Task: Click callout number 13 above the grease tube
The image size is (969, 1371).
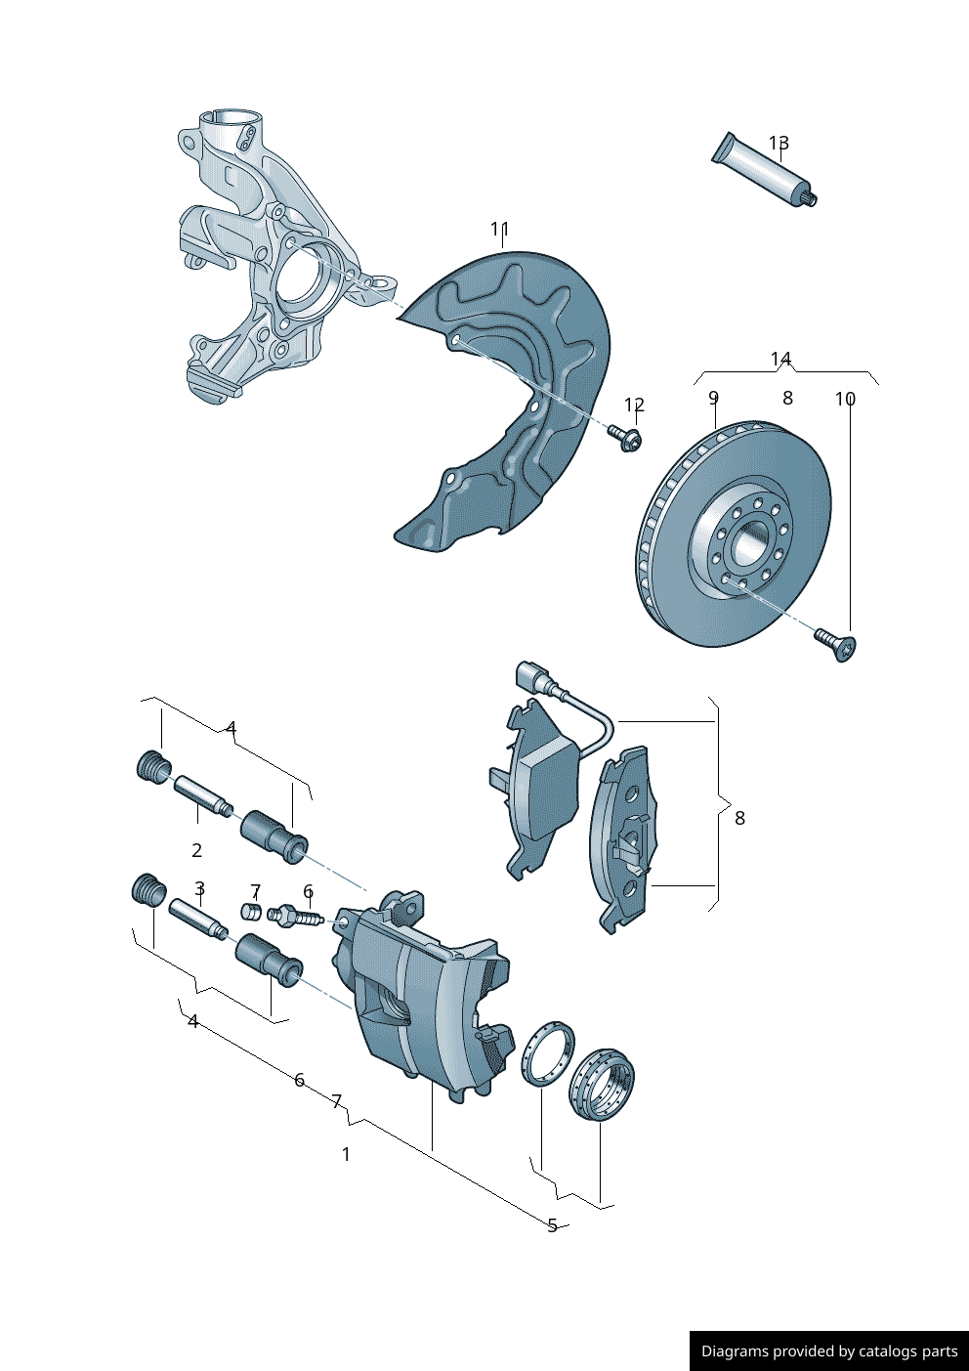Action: point(778,144)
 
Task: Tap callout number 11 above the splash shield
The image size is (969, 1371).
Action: point(499,230)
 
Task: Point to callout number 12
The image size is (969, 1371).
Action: point(634,405)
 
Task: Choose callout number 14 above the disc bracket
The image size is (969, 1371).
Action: point(780,360)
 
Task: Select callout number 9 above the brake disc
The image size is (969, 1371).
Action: point(713,398)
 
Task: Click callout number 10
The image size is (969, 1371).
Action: point(845,399)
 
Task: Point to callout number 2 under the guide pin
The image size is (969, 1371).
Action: point(196,850)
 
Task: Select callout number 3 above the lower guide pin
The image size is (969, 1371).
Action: point(199,889)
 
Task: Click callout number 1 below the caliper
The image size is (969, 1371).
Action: point(346,1154)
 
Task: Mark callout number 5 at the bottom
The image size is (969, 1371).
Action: point(552,1225)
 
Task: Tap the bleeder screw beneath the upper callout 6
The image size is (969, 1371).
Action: point(294,917)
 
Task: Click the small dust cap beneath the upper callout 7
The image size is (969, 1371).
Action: point(251,912)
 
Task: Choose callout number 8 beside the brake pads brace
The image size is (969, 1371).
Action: point(739,818)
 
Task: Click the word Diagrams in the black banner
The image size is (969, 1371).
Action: point(734,1351)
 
